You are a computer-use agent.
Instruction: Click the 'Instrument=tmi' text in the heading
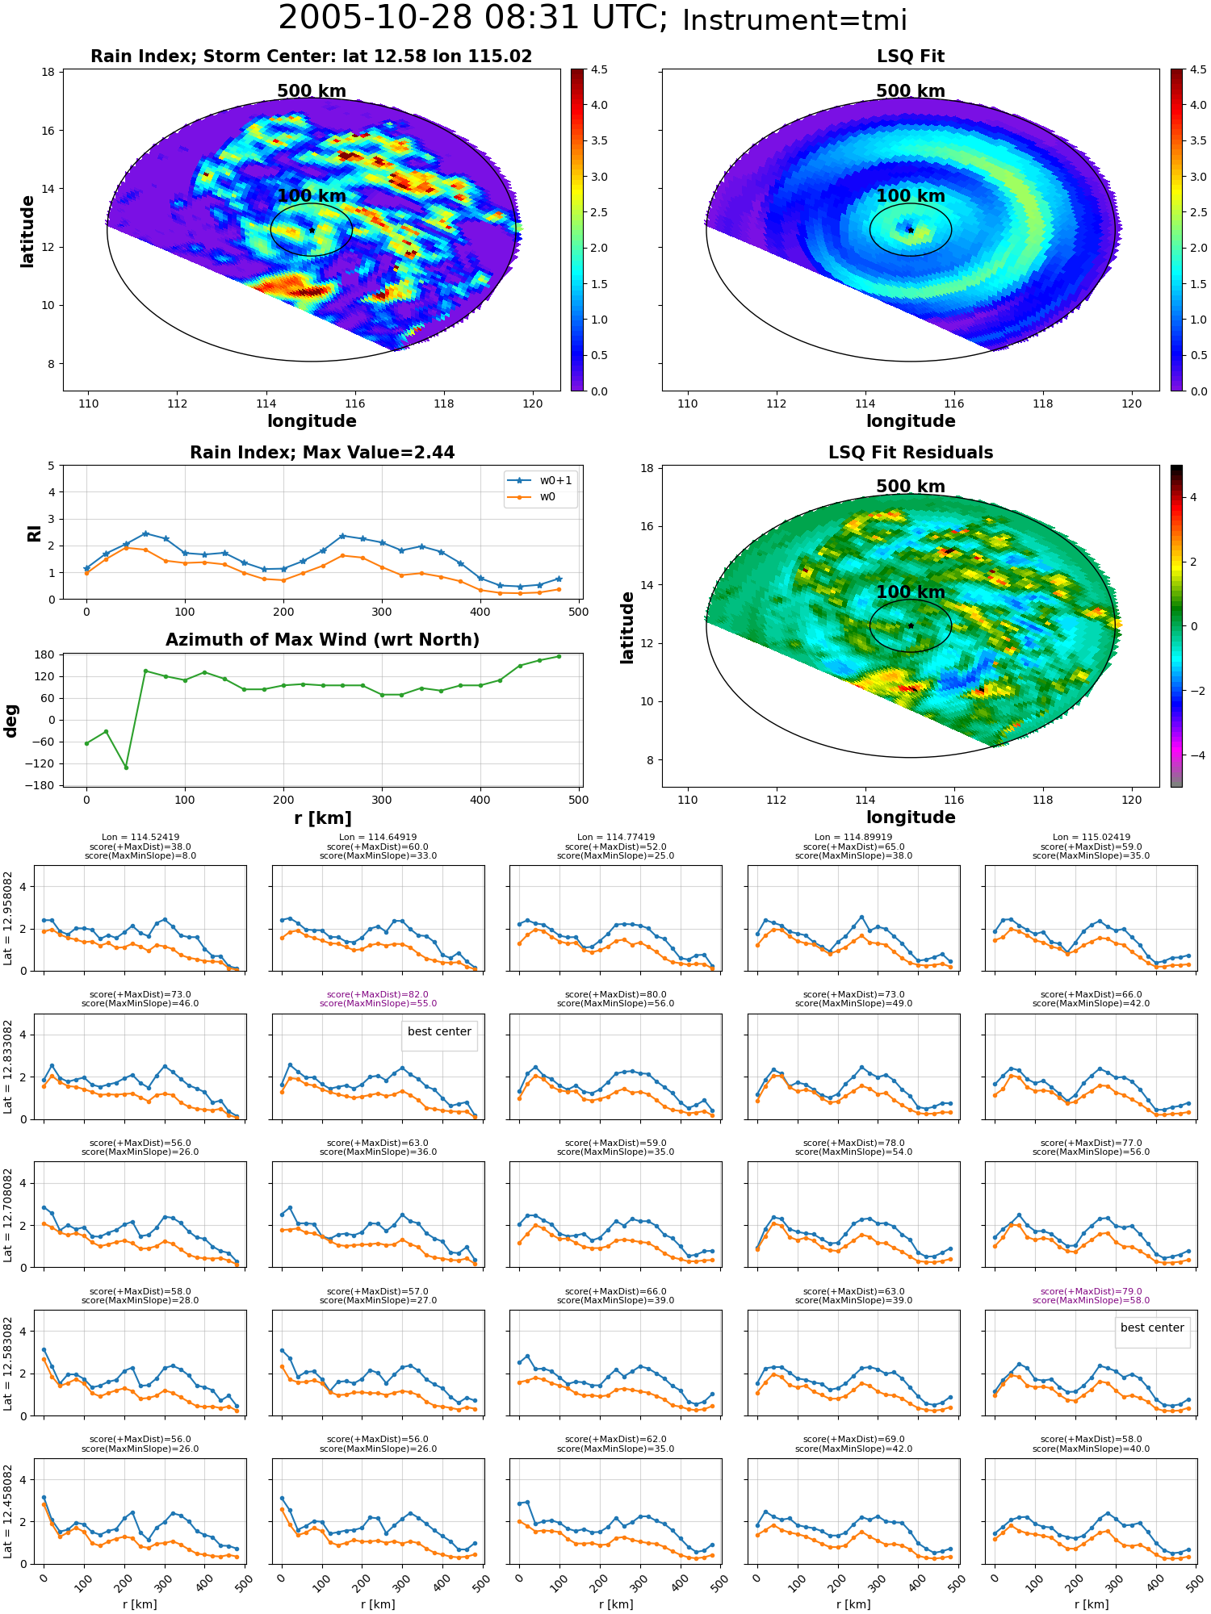click(x=794, y=20)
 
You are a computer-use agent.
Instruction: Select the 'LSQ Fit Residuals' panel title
click(x=911, y=453)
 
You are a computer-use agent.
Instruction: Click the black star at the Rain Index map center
click(x=312, y=230)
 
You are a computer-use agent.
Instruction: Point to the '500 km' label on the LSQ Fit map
click(x=911, y=91)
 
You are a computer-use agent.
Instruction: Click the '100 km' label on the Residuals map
click(x=911, y=592)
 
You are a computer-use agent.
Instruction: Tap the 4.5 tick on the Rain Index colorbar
click(x=599, y=69)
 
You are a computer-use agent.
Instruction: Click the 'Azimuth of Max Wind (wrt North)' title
click(x=323, y=640)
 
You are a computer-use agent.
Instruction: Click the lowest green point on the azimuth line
click(x=126, y=767)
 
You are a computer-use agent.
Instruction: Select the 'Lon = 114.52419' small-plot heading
click(x=140, y=838)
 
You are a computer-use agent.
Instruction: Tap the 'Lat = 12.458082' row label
click(x=8, y=1512)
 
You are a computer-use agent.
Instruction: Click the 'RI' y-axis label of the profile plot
click(x=34, y=533)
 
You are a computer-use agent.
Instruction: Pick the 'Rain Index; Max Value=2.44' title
click(x=322, y=453)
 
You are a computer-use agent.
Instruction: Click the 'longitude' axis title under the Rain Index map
click(x=312, y=421)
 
